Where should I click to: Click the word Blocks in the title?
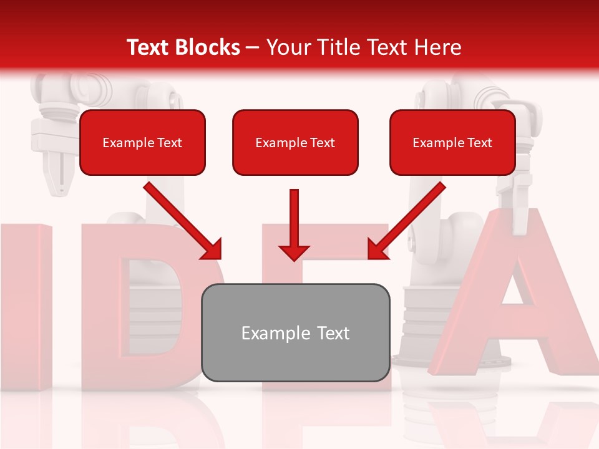209,47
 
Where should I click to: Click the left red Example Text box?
142,142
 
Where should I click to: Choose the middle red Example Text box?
295,142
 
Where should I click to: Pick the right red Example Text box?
452,142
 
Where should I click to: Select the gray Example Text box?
295,332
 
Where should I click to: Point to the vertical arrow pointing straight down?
294,224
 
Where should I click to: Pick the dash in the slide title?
253,48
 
